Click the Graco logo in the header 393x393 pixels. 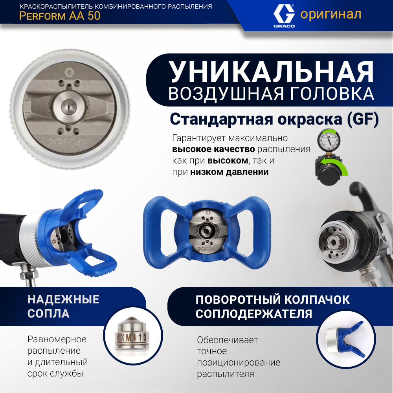click(x=284, y=16)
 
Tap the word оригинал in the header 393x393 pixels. click(x=331, y=15)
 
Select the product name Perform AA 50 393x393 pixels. click(x=60, y=16)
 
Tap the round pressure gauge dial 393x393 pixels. click(x=329, y=141)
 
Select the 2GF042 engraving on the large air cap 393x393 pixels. click(x=68, y=143)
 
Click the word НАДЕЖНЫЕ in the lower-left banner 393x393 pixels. click(x=63, y=299)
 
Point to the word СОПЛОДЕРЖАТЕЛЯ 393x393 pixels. click(x=253, y=314)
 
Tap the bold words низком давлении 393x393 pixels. click(x=230, y=172)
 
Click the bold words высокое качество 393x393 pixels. click(x=213, y=149)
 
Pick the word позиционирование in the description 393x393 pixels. click(x=239, y=362)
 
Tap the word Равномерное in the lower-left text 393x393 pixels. click(x=57, y=340)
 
